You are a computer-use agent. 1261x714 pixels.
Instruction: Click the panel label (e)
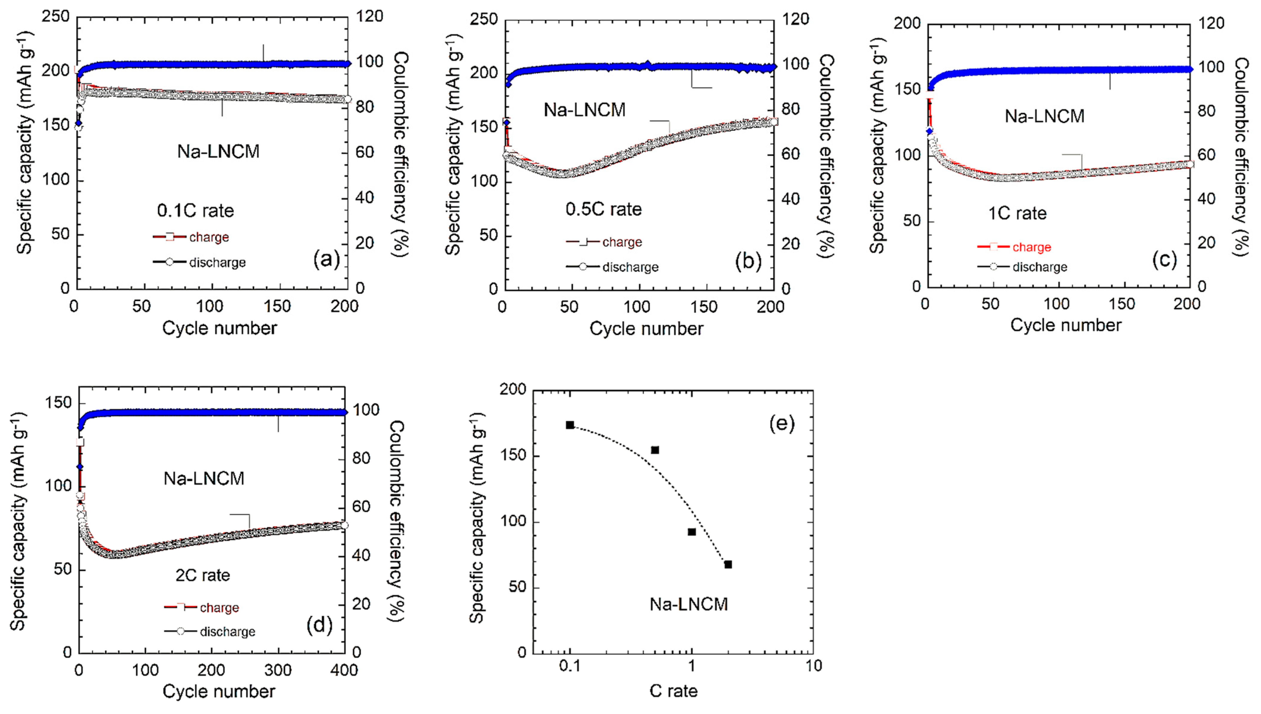[x=781, y=423]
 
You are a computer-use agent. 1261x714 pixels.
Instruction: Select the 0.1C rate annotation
[x=195, y=211]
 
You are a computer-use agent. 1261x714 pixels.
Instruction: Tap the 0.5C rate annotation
[x=603, y=209]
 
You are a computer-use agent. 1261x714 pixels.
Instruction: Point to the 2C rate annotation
[x=203, y=575]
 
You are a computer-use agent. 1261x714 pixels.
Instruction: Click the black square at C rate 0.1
[x=570, y=425]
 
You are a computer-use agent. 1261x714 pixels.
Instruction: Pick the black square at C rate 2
[x=728, y=564]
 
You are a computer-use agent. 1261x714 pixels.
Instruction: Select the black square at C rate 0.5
[x=655, y=450]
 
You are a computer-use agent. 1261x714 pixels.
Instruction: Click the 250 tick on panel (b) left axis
[x=484, y=20]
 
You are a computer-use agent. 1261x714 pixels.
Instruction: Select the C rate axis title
[x=673, y=691]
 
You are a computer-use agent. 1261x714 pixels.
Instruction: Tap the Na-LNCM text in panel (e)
[x=689, y=604]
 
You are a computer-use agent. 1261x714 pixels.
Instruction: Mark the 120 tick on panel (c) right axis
[x=1211, y=23]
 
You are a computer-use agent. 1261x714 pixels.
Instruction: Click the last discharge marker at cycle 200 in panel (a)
[x=347, y=99]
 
